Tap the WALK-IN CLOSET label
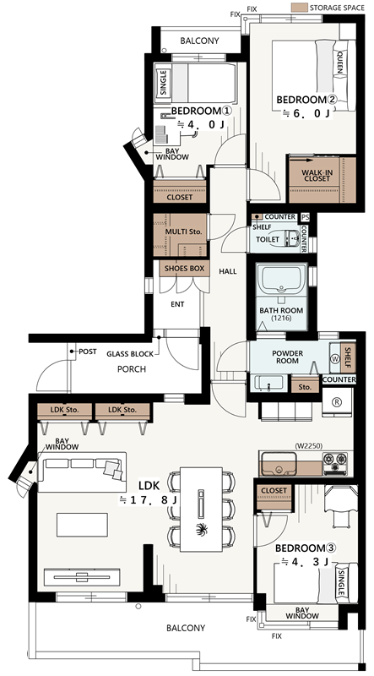317,176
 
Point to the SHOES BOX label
184,268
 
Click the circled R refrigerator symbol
338,401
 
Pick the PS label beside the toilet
306,217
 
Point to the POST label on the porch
88,352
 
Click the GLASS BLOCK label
130,354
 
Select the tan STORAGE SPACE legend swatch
299,8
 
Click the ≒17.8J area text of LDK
149,501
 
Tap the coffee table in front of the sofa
82,525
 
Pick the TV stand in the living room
82,577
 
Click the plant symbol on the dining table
201,530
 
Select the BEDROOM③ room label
306,548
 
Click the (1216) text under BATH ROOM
281,319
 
